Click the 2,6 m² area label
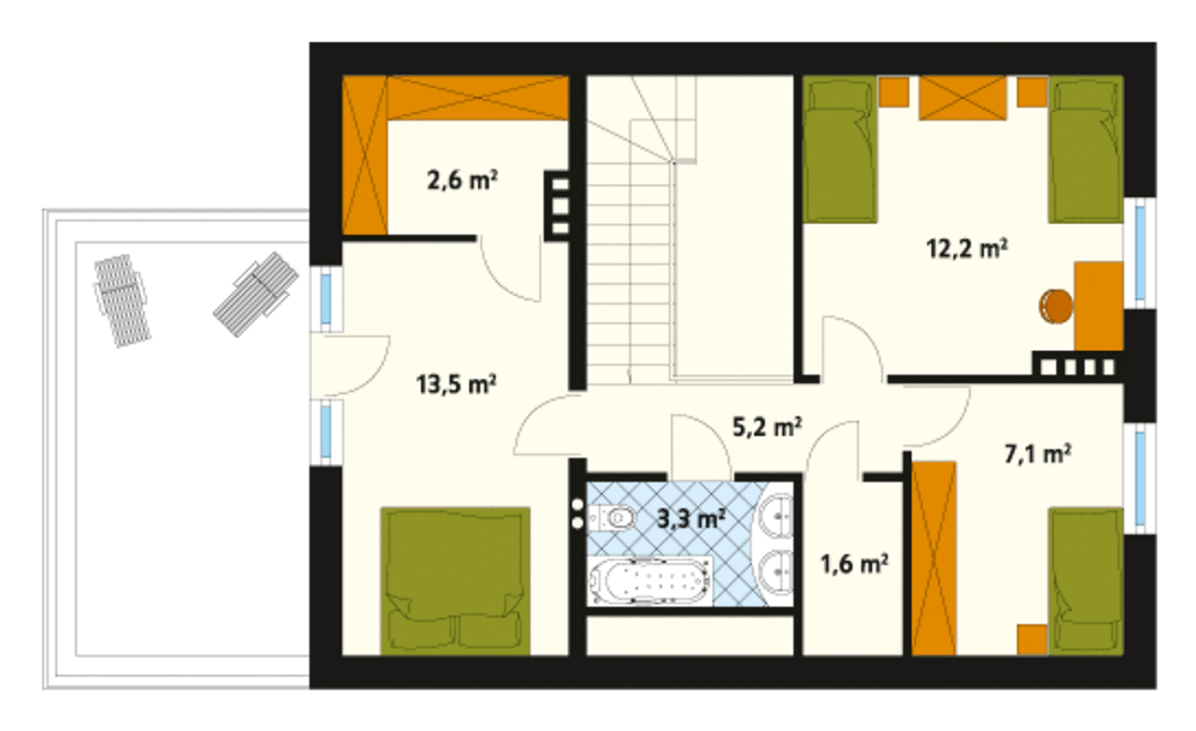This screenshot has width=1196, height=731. pyautogui.click(x=463, y=180)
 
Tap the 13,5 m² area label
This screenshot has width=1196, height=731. pyautogui.click(x=457, y=385)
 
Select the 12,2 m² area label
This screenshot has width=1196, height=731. pyautogui.click(x=967, y=248)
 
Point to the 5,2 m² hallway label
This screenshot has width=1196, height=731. pyautogui.click(x=767, y=427)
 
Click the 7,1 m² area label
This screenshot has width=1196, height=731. pyautogui.click(x=1038, y=454)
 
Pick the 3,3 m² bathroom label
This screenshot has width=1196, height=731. pyautogui.click(x=691, y=519)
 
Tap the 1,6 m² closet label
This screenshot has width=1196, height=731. pyautogui.click(x=854, y=564)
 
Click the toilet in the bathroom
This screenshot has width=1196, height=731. pyautogui.click(x=612, y=517)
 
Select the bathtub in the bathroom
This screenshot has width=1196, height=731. pyautogui.click(x=650, y=581)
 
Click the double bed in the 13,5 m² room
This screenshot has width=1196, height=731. pyautogui.click(x=455, y=581)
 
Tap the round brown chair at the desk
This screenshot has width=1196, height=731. pyautogui.click(x=1056, y=306)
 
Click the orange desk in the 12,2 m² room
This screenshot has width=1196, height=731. pyautogui.click(x=1099, y=305)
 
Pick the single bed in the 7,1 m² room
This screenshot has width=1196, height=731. pyautogui.click(x=1086, y=581)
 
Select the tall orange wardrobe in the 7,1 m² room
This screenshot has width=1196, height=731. pyautogui.click(x=933, y=558)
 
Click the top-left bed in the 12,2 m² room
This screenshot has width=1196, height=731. pyautogui.click(x=840, y=148)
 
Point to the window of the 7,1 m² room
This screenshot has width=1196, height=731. pyautogui.click(x=1140, y=478)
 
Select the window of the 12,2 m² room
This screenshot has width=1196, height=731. pyautogui.click(x=1140, y=253)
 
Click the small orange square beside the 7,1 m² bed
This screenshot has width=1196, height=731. pyautogui.click(x=1032, y=640)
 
